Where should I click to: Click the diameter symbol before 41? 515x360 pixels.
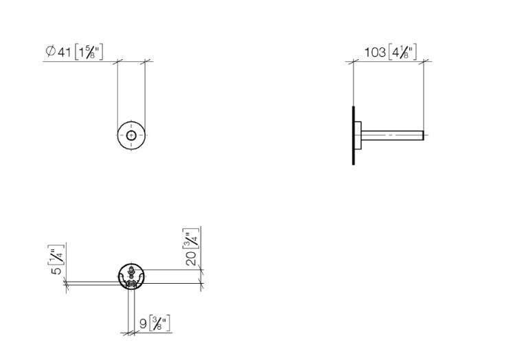pos(50,52)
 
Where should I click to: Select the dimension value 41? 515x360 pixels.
pos(65,52)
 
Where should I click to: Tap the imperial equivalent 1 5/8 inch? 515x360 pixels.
pos(89,52)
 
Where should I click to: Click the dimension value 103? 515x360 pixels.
pos(375,52)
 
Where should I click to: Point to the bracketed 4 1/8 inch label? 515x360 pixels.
pos(402,52)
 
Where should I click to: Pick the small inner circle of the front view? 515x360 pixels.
pos(131,135)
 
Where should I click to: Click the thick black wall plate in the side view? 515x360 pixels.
pos(354,135)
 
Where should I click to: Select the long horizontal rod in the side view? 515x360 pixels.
pos(393,135)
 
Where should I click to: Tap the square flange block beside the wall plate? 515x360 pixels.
pos(358,135)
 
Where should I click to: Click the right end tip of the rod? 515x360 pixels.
pos(424,135)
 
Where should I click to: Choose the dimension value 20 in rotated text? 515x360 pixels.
pos(191,258)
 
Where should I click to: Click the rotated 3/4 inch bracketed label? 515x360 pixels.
pos(191,239)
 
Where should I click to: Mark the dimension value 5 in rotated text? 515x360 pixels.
pos(57,271)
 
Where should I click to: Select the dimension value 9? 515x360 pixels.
pos(144,324)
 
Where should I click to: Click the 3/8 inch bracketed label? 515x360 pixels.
pos(160,324)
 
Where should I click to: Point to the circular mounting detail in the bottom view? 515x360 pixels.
pos(132,276)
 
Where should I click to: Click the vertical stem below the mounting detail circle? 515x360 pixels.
pos(130,311)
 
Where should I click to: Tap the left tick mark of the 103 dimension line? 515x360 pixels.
pos(353,61)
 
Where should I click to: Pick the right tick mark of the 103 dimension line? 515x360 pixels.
pos(424,61)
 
